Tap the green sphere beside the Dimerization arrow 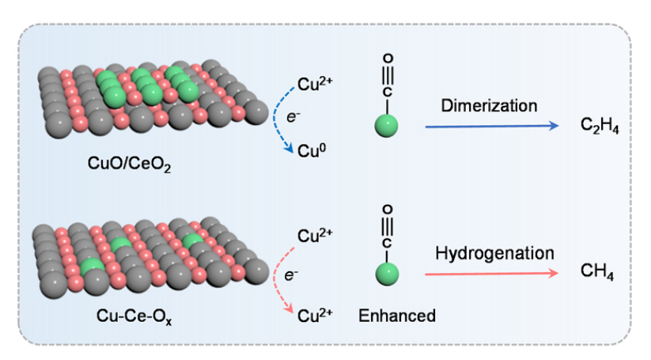point(387,126)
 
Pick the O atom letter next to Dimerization point(387,59)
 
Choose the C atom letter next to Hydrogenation point(387,239)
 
